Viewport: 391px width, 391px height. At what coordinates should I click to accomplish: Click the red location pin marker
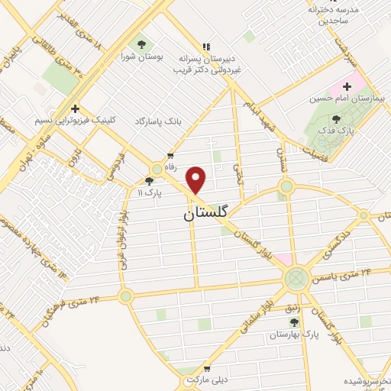pyautogui.click(x=196, y=179)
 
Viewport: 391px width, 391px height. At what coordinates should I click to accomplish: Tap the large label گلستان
pyautogui.click(x=206, y=215)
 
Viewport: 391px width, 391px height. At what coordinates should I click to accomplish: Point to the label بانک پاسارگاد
pyautogui.click(x=162, y=121)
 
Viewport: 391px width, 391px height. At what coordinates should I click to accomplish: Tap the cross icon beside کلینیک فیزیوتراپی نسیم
pyautogui.click(x=75, y=108)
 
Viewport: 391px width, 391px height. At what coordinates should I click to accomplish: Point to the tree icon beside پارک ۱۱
pyautogui.click(x=149, y=181)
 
